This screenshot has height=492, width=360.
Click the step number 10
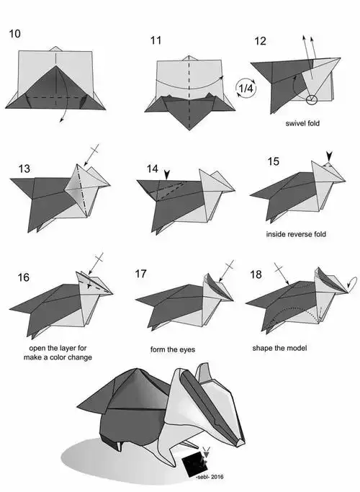[x=14, y=34]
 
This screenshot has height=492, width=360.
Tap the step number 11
[x=156, y=40]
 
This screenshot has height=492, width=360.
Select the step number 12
[x=260, y=41]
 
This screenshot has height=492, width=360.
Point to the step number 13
[x=24, y=169]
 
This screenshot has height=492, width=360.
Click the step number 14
[x=153, y=169]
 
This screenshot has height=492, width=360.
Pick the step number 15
[x=273, y=161]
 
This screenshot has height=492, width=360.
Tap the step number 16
[x=23, y=277]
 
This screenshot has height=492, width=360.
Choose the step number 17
[x=141, y=274]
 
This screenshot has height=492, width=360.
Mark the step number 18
[x=256, y=274]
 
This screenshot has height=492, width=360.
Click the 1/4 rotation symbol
[x=246, y=88]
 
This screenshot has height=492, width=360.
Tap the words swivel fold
[x=302, y=123]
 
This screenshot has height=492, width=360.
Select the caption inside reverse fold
[x=296, y=234]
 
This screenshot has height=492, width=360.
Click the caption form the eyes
[x=173, y=349]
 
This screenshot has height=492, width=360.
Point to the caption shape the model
[x=279, y=348]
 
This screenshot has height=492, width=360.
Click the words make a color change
[x=58, y=357]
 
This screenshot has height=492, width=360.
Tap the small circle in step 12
[x=312, y=99]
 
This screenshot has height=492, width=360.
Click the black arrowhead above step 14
[x=167, y=175]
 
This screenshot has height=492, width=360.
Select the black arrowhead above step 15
[x=328, y=156]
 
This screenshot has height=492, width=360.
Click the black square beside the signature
[x=194, y=464]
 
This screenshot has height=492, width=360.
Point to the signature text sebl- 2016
[x=210, y=477]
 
